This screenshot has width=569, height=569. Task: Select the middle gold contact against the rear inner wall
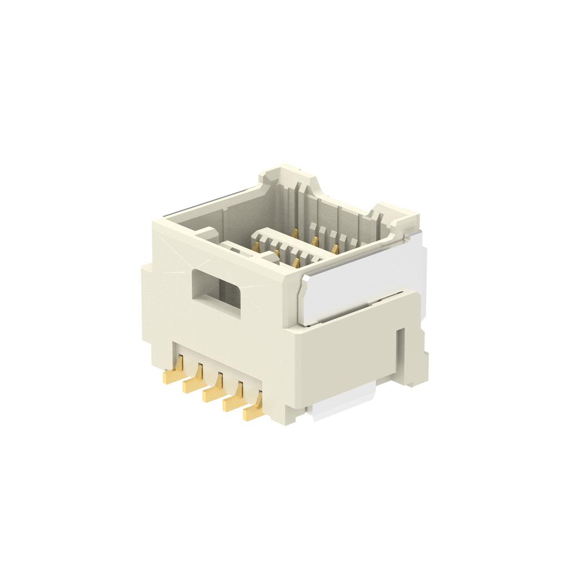pos(315,240)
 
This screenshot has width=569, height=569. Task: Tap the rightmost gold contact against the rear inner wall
pos(335,249)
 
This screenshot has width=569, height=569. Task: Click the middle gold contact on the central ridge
pos(276,253)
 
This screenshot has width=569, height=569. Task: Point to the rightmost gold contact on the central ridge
pos(296,262)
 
